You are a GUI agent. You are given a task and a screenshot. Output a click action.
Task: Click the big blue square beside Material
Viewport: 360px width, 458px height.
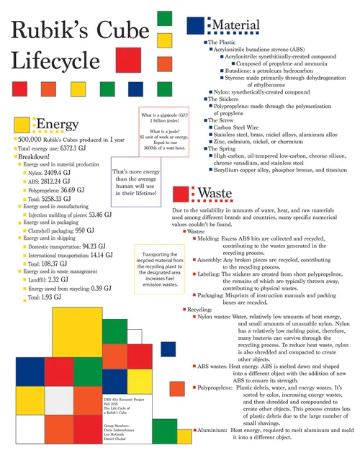(x=196, y=26)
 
